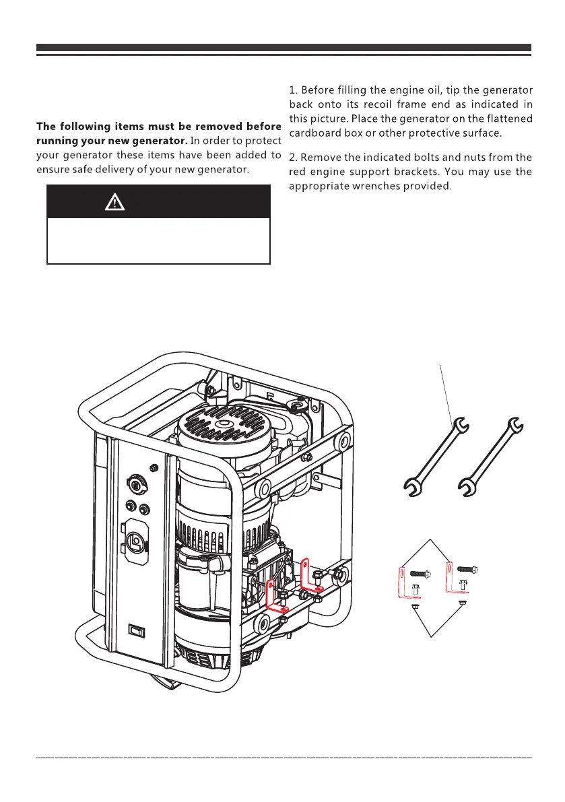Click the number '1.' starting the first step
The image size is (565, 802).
(x=294, y=90)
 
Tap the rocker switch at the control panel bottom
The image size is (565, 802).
(x=137, y=631)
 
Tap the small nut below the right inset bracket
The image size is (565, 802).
(x=463, y=602)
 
